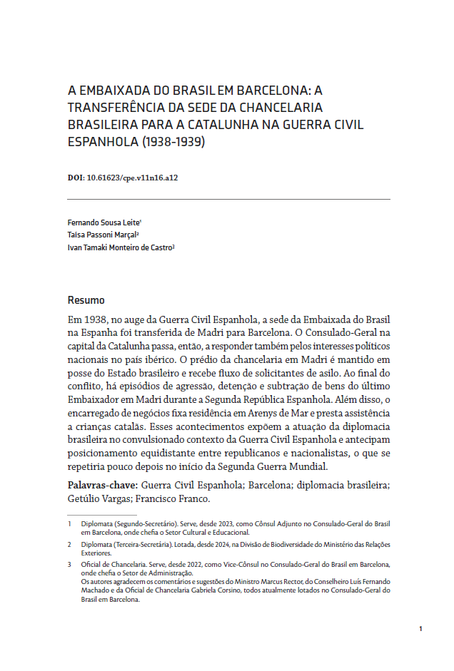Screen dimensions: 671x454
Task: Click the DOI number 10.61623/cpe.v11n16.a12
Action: pyautogui.click(x=132, y=178)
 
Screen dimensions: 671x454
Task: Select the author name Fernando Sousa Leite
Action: pyautogui.click(x=104, y=222)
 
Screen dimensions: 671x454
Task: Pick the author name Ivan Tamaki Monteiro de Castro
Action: pyautogui.click(x=119, y=247)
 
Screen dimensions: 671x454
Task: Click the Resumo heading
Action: pyautogui.click(x=86, y=300)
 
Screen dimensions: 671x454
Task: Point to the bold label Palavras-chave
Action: pyautogui.click(x=102, y=485)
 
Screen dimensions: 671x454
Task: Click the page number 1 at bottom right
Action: pyautogui.click(x=420, y=628)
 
